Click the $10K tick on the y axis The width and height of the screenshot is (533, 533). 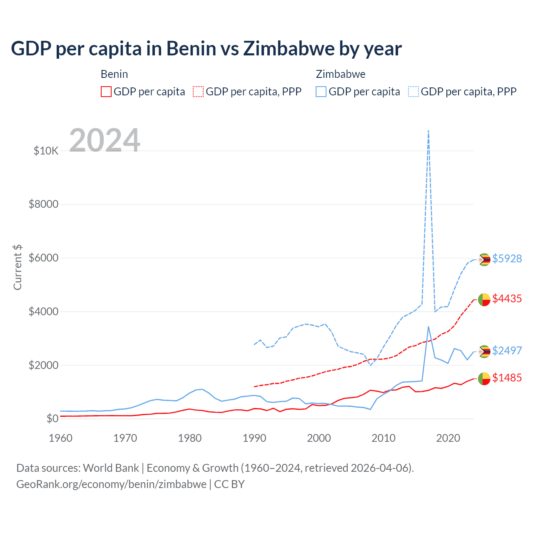click(46, 151)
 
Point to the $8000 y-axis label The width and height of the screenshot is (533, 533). click(43, 204)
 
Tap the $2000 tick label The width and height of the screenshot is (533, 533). click(43, 365)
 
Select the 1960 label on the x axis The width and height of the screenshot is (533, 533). click(60, 438)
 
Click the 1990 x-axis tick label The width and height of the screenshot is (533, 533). click(254, 438)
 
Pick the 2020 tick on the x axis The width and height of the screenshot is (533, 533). click(448, 438)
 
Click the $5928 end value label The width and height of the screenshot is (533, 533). click(507, 259)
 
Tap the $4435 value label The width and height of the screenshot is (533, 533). click(507, 299)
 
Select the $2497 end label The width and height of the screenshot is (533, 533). click(507, 351)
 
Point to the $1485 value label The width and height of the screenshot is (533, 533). click(507, 378)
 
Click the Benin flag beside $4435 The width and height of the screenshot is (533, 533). click(484, 299)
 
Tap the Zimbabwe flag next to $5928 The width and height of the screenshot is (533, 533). click(484, 259)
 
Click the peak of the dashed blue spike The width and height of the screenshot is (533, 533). click(428, 131)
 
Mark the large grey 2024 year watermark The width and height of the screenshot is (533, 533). click(105, 140)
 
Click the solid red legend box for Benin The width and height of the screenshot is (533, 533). click(106, 92)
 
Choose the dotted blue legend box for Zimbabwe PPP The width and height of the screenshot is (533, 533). click(413, 92)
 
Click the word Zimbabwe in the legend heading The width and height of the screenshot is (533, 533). click(341, 74)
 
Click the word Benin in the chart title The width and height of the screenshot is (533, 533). click(192, 48)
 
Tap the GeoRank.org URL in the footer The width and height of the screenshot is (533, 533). click(111, 484)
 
